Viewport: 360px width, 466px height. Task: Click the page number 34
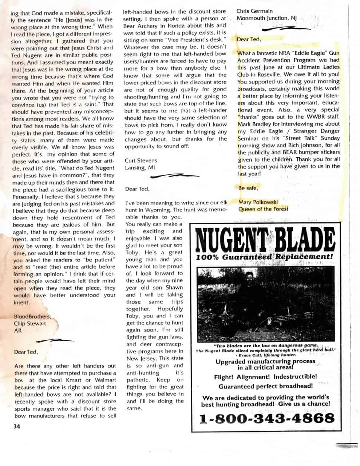(16, 426)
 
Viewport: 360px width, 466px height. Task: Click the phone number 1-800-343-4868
(266, 418)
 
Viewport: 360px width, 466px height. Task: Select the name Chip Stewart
(30, 323)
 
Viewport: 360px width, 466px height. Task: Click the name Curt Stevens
(141, 160)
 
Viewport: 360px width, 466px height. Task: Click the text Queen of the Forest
(263, 209)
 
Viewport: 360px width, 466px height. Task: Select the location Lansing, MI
(139, 167)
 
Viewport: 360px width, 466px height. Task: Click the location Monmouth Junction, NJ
(266, 18)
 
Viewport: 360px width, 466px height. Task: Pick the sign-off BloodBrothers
(32, 316)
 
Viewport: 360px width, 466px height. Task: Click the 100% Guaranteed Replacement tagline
(265, 257)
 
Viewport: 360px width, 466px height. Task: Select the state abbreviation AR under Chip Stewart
(17, 331)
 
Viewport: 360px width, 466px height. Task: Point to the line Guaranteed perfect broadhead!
(265, 386)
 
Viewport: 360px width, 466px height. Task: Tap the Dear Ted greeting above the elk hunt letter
(137, 189)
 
